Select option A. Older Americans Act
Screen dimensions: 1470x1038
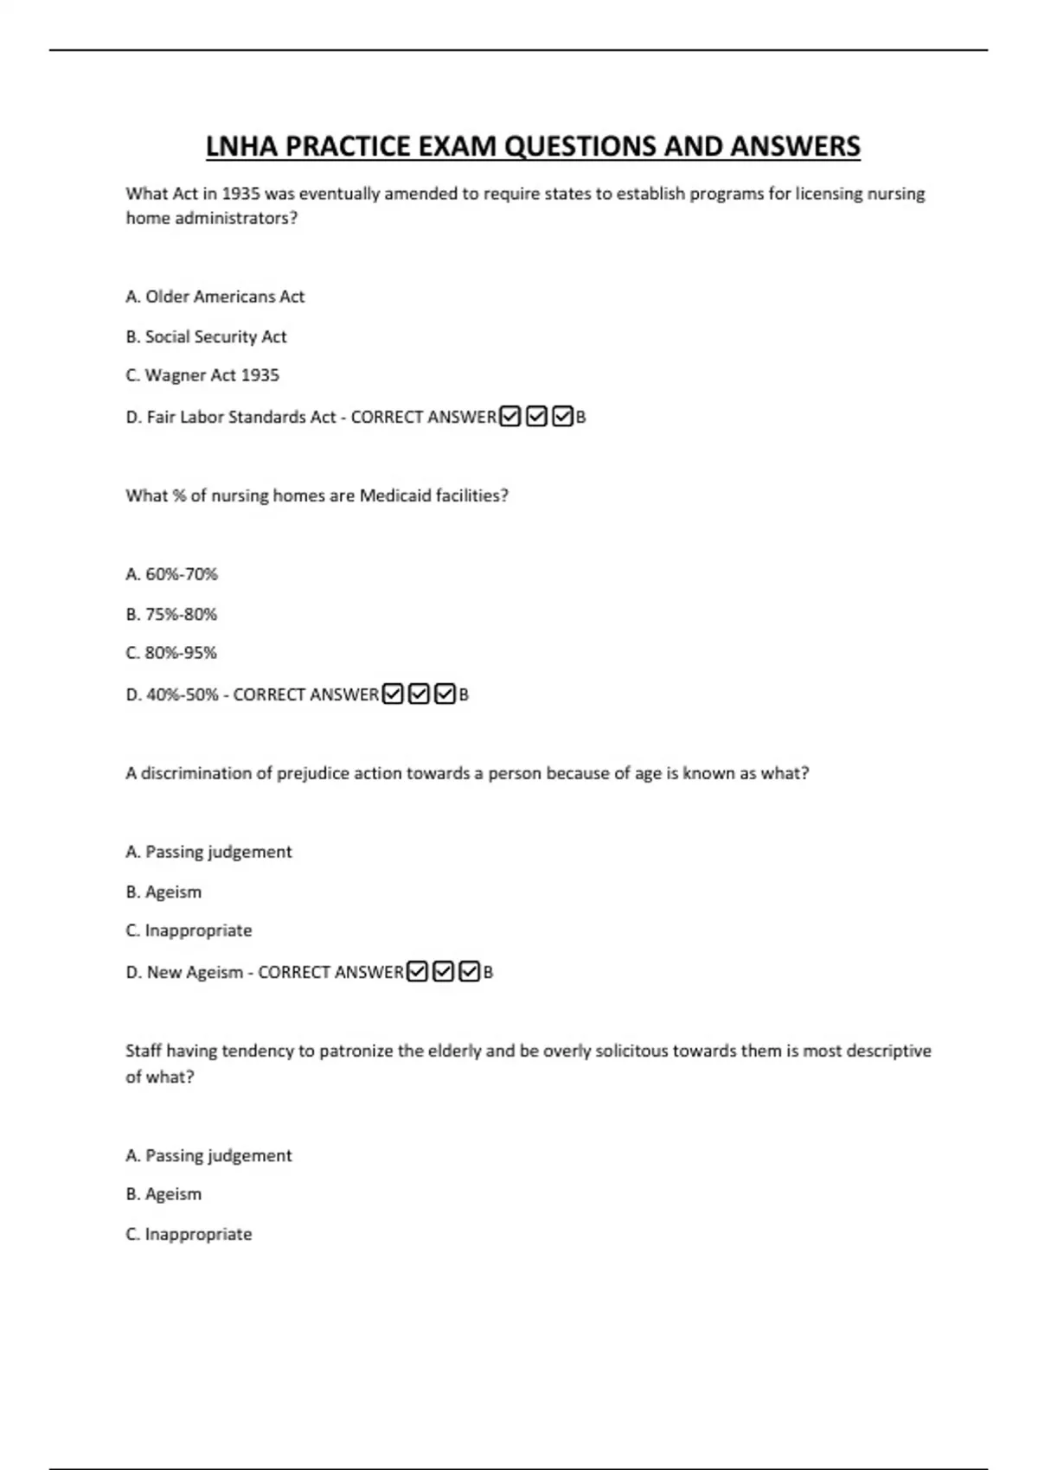coord(215,297)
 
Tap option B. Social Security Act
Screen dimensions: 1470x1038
coord(206,336)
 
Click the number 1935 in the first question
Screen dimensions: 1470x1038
coord(240,194)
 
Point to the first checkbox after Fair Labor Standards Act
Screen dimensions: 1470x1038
coord(510,417)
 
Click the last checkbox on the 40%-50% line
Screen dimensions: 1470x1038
coord(445,694)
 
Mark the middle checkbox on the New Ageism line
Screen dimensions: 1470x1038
coord(443,972)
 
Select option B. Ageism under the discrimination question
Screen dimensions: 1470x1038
coord(163,892)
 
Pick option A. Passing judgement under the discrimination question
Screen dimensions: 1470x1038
coord(208,852)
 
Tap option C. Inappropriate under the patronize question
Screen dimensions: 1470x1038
coord(189,1234)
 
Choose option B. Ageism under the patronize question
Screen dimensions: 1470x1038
coord(163,1194)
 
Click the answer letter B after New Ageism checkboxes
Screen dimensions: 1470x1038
coord(488,973)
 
